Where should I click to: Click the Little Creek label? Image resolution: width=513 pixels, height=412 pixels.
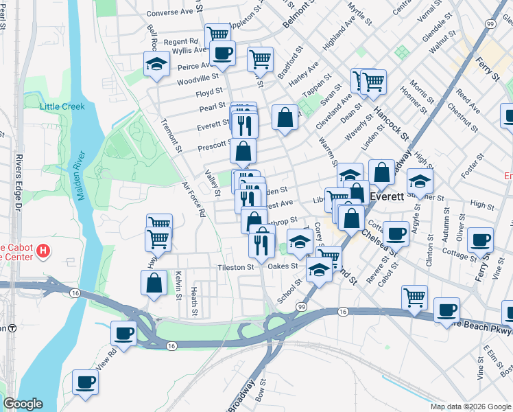(x=62, y=106)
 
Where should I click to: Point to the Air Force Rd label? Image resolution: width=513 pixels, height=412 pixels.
(x=193, y=200)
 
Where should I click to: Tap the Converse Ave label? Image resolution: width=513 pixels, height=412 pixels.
(x=170, y=12)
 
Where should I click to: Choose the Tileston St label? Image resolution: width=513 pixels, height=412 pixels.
(x=236, y=267)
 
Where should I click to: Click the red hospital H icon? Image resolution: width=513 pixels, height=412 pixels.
(x=43, y=250)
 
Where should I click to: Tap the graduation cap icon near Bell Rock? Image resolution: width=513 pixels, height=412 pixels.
(x=156, y=65)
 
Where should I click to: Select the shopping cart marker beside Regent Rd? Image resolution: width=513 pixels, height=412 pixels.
(x=217, y=34)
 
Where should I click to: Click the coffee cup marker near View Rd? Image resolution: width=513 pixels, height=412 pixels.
(x=124, y=333)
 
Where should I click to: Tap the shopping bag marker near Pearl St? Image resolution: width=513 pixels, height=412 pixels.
(x=285, y=117)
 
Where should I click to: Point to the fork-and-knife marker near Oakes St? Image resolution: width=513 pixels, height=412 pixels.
(x=261, y=242)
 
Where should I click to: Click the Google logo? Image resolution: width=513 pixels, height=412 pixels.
(x=23, y=404)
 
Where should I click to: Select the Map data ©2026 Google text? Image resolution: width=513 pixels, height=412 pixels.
(x=470, y=407)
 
